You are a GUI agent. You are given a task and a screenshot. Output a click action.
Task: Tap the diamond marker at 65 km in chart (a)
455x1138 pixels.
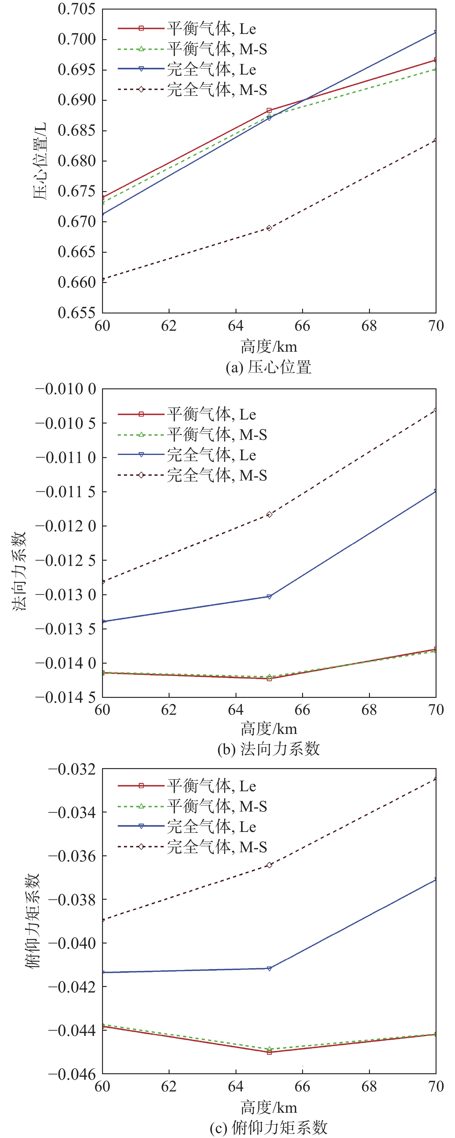[269, 228]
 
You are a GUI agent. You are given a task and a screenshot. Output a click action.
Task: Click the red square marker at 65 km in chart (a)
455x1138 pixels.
[269, 110]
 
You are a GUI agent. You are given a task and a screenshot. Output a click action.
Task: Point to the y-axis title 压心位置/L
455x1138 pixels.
[40, 161]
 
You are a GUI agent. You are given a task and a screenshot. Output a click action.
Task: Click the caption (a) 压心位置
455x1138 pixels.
[268, 367]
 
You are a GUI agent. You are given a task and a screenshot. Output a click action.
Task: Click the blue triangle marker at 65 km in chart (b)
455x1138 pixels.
[269, 597]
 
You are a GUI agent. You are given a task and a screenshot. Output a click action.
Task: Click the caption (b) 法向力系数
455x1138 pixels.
[268, 749]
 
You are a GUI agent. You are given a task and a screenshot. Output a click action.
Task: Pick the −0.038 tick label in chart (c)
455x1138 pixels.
[72, 900]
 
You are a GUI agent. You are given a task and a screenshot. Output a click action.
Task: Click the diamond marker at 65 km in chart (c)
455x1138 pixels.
[269, 865]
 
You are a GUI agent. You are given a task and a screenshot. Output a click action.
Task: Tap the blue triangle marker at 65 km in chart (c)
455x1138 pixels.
[269, 969]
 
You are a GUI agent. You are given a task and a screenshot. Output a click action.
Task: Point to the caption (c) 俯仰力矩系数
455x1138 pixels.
[268, 1128]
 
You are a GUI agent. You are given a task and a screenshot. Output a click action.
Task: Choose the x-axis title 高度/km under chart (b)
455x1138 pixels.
[268, 728]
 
